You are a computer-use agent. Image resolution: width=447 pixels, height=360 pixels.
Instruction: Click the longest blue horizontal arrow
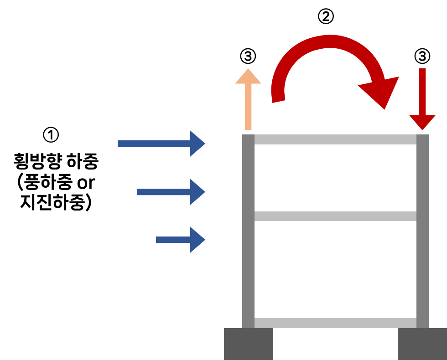(x=155, y=144)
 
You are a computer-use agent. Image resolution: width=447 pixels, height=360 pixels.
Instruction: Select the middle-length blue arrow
(x=164, y=192)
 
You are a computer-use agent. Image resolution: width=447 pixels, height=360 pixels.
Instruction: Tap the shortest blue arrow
(x=173, y=240)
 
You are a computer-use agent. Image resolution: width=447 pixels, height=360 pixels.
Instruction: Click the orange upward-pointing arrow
(x=248, y=105)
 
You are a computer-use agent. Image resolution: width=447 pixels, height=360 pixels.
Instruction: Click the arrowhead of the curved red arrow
(x=381, y=91)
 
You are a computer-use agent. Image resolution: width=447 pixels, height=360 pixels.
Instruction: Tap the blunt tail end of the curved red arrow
(x=278, y=97)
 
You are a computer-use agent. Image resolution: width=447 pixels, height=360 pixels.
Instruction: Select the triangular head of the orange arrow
(x=248, y=77)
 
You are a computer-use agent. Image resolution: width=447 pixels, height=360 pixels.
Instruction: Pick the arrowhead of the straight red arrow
(x=422, y=122)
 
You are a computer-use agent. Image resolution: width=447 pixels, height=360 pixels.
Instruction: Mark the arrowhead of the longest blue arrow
(x=197, y=144)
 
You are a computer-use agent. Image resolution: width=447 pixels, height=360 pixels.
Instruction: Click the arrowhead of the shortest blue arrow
(x=197, y=240)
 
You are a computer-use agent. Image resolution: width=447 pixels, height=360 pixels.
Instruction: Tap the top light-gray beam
(x=335, y=139)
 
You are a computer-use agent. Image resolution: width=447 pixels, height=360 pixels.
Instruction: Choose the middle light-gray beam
(x=335, y=216)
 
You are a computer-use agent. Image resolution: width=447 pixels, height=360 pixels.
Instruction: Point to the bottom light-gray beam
(x=335, y=323)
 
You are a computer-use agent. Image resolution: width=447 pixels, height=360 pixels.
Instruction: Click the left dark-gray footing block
(x=248, y=344)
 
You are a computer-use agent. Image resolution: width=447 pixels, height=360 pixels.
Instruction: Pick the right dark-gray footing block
(x=422, y=344)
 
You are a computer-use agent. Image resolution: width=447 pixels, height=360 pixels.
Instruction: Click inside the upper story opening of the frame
(x=335, y=178)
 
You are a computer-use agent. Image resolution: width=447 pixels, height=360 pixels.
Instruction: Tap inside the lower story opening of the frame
(x=335, y=269)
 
